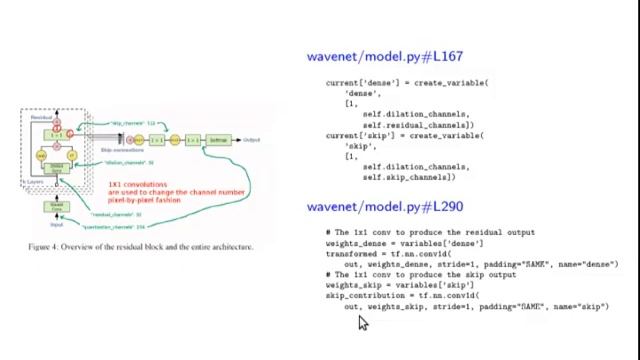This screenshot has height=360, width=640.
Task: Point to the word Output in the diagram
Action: pos(251,140)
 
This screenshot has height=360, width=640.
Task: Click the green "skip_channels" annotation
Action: pos(135,123)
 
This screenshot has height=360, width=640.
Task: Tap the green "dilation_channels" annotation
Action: pos(131,162)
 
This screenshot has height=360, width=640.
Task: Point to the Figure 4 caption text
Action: pos(140,247)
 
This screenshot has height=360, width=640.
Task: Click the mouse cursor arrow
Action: pos(363,323)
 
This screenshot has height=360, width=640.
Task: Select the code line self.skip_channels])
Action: pos(409,176)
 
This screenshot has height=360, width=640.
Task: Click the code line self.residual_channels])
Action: pos(416,125)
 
